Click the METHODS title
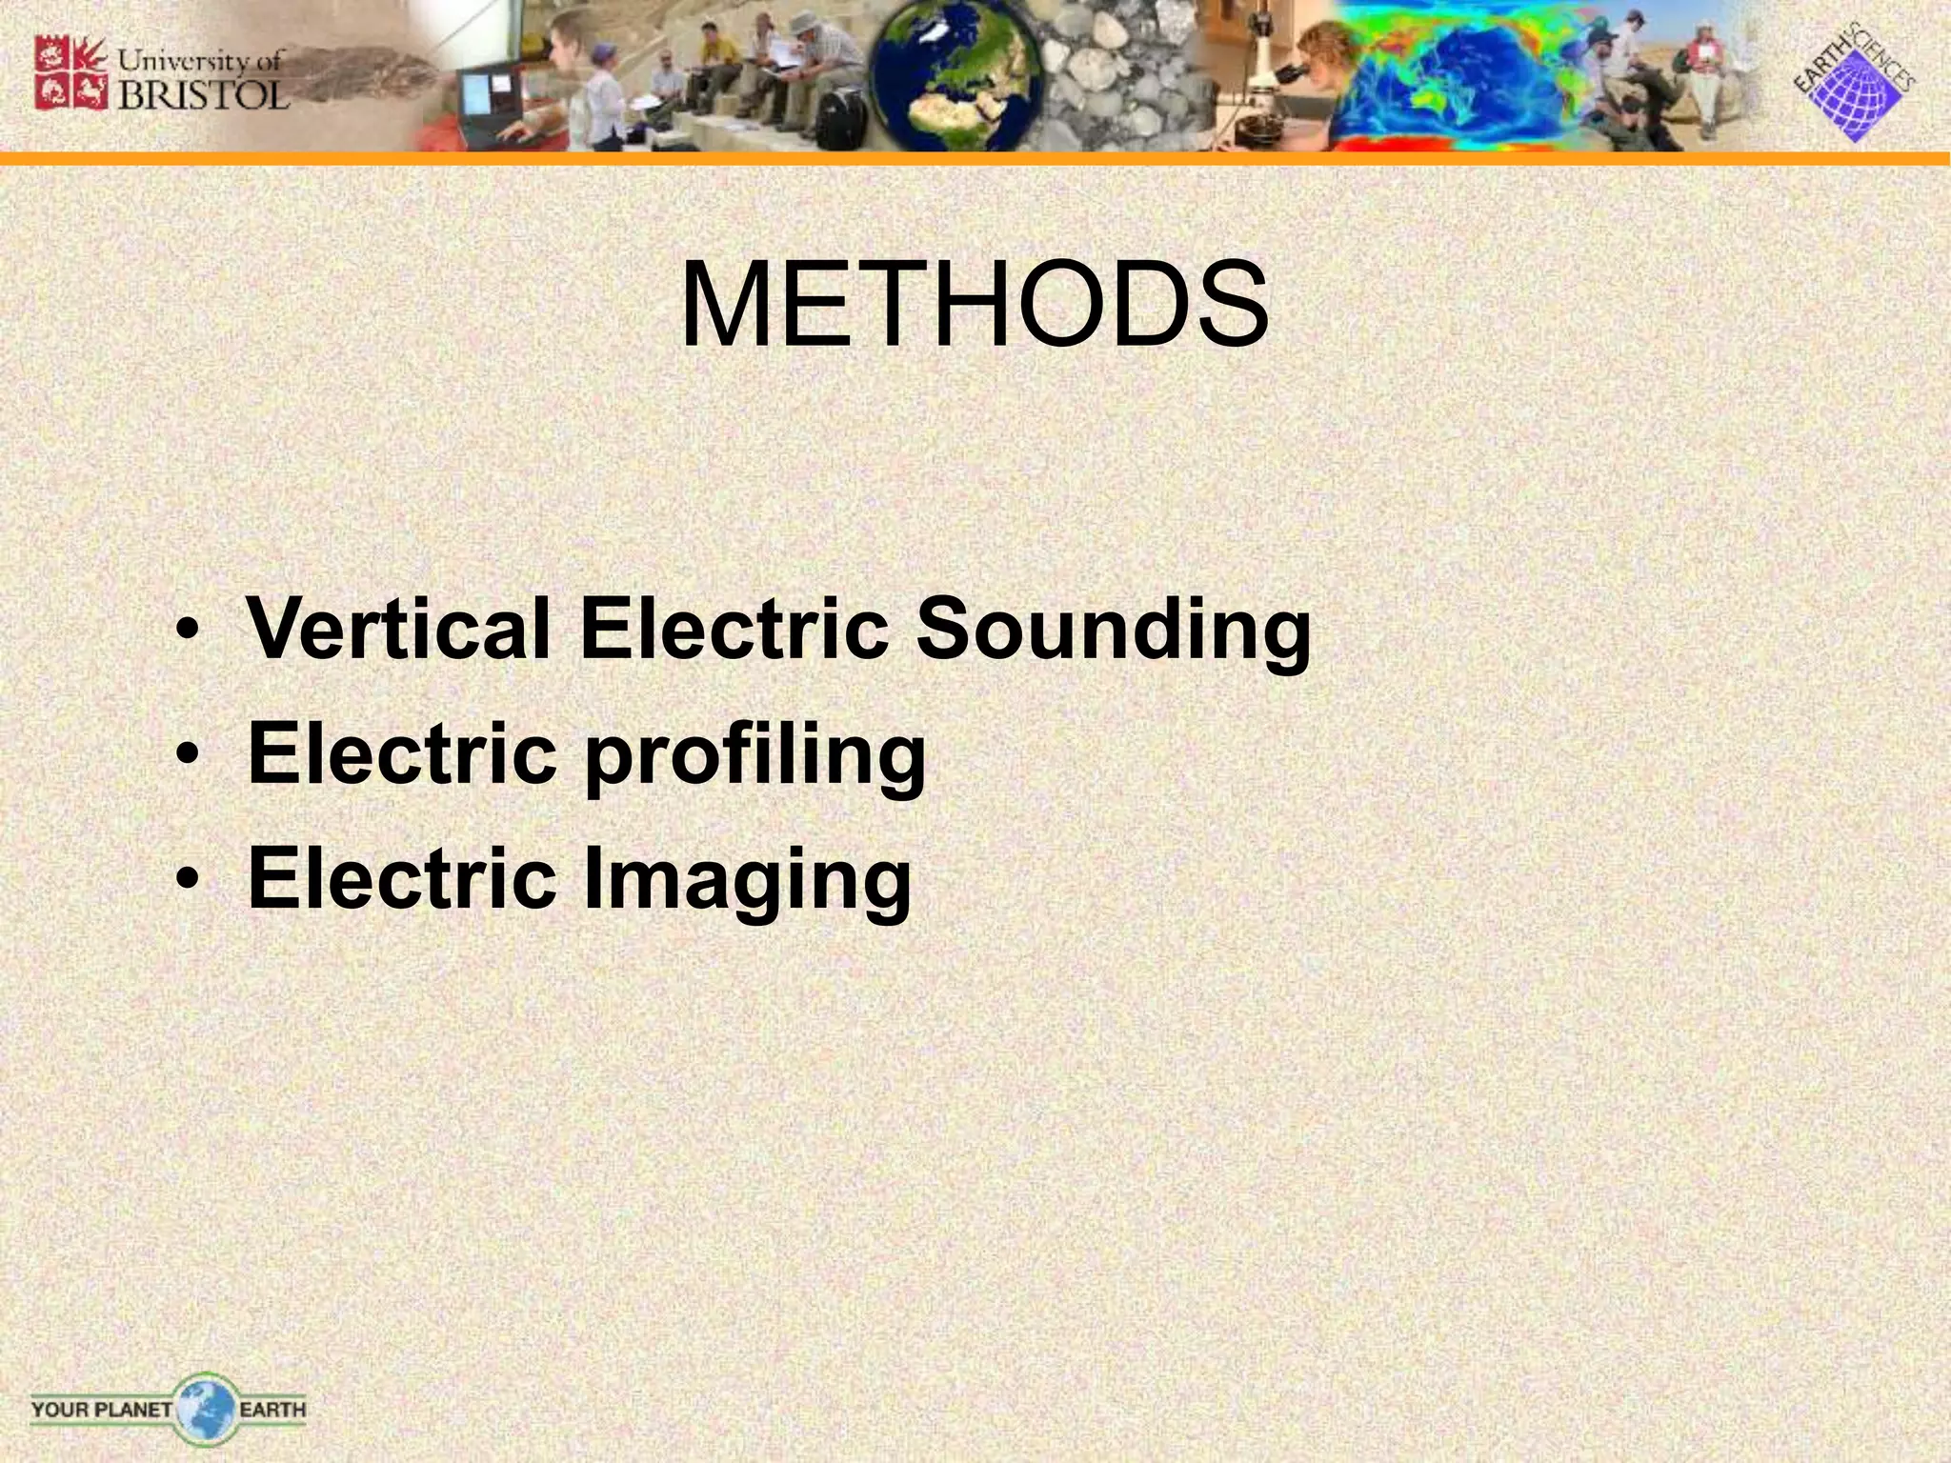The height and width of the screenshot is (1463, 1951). pos(974,306)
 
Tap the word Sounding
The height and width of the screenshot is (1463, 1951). pos(1113,631)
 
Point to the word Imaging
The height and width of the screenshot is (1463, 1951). pos(746,880)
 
